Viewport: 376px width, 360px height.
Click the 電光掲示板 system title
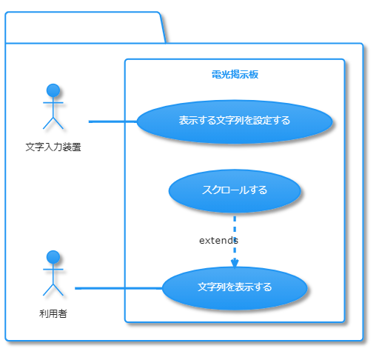click(235, 75)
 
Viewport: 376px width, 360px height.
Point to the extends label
click(218, 241)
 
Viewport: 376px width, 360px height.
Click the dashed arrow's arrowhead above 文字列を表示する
click(235, 262)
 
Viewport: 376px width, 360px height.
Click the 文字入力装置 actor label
click(53, 147)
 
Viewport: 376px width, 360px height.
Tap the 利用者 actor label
click(53, 313)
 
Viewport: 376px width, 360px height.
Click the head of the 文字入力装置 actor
click(53, 90)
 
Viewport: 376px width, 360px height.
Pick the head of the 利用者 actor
click(53, 257)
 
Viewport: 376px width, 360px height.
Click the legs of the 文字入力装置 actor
click(53, 122)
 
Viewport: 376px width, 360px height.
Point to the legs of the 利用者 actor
click(53, 289)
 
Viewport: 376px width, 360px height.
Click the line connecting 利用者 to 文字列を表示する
click(118, 287)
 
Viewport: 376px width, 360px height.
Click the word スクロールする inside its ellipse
click(234, 190)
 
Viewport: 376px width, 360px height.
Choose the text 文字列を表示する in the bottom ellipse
click(235, 287)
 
